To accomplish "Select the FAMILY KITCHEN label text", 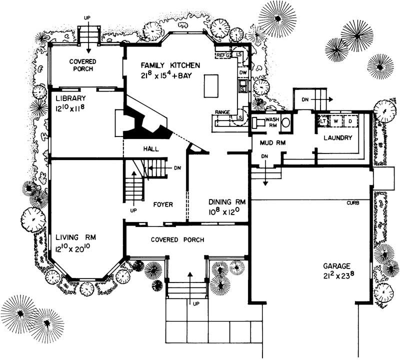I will (x=170, y=65).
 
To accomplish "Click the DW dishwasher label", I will (x=243, y=73).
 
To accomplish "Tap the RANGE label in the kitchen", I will (x=222, y=111).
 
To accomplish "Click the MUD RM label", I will (x=271, y=142).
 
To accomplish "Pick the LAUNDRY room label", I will (x=338, y=137).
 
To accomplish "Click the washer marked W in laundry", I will (x=336, y=121).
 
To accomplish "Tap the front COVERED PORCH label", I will (x=177, y=239).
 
